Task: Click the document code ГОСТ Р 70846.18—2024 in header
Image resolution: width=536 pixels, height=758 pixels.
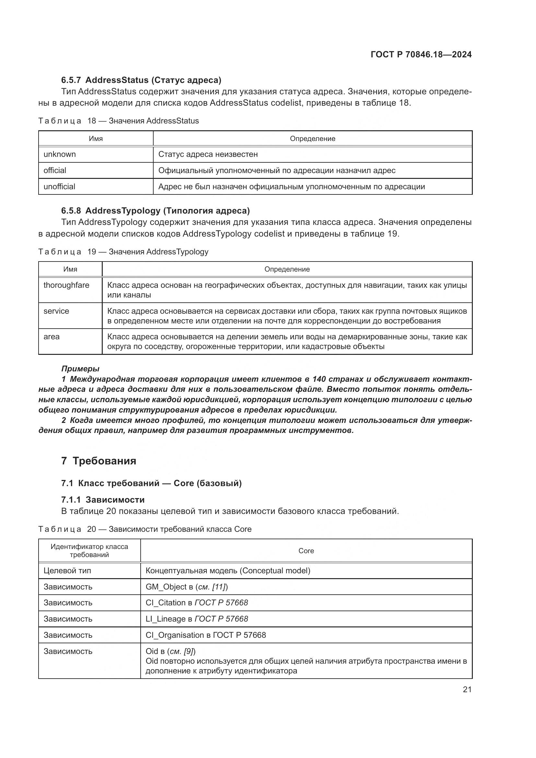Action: point(421,54)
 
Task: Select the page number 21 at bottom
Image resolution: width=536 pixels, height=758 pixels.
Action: point(467,689)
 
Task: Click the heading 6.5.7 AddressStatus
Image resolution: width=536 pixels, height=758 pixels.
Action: point(141,80)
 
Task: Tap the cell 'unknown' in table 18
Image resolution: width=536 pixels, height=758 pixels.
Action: point(60,154)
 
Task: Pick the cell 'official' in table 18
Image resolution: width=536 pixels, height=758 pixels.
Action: point(55,170)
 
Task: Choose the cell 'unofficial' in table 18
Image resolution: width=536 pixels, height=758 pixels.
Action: point(59,187)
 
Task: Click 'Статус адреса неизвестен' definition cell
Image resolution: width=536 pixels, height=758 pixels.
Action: point(208,154)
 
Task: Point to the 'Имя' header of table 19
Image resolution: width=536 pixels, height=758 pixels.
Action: point(70,269)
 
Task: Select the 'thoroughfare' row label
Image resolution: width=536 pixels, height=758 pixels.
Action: point(66,285)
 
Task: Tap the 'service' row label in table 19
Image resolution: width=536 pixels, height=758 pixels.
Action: point(56,311)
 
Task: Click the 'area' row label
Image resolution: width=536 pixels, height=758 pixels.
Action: point(52,337)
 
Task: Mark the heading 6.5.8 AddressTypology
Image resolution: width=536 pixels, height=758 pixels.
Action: point(155,211)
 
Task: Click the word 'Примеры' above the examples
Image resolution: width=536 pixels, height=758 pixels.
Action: point(80,368)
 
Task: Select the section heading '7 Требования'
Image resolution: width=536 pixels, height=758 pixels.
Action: point(99,461)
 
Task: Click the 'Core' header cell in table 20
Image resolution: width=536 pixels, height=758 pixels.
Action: point(306,551)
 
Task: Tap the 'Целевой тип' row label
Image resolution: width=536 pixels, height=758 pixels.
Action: point(67,570)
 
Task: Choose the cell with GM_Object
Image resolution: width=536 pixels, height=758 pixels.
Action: point(187,587)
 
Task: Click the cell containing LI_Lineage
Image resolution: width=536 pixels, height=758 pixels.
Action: point(197,619)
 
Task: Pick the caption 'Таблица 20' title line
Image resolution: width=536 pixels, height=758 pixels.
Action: point(145,529)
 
